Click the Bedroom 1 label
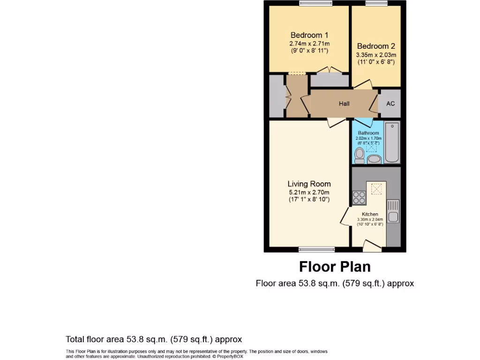[x=309, y=35]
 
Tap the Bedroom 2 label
[x=376, y=46]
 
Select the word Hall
[x=344, y=104]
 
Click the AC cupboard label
[x=390, y=104]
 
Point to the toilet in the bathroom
[x=360, y=155]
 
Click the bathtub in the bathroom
[x=392, y=142]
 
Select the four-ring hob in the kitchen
[x=359, y=198]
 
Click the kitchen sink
[x=393, y=211]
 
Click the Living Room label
[x=309, y=184]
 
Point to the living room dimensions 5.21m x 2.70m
[x=309, y=192]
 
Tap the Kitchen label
[x=370, y=214]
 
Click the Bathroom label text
[x=368, y=133]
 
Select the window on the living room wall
[x=316, y=249]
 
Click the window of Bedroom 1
[x=316, y=3]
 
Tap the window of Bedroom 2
[x=377, y=3]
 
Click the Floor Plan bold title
[x=335, y=267]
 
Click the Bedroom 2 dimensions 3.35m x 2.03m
[x=376, y=54]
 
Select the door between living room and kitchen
[x=345, y=217]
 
